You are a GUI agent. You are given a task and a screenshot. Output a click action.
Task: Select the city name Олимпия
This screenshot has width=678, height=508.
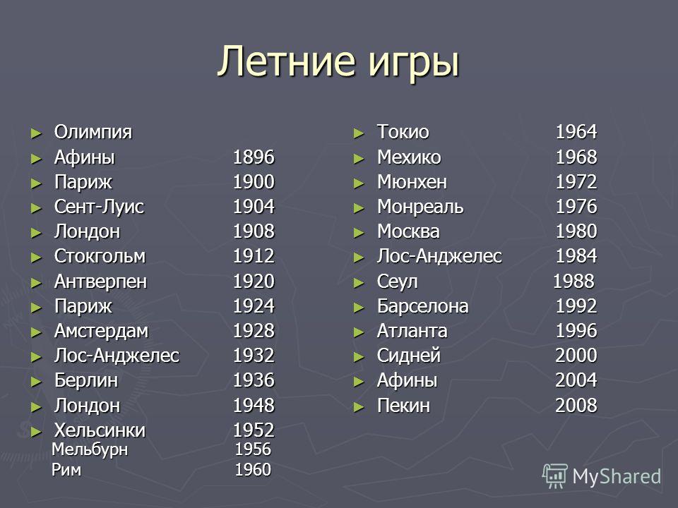[x=93, y=132]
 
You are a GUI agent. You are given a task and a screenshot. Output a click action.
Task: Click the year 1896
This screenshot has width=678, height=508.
[x=254, y=157]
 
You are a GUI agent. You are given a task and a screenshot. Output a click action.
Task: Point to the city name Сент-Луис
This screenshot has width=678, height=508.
[x=99, y=207]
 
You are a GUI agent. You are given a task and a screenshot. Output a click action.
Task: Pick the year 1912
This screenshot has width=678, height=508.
[x=254, y=255]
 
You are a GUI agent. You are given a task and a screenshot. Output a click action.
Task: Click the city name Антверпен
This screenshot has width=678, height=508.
[x=101, y=282]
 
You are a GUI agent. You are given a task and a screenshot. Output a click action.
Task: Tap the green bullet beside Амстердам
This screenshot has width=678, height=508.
[x=36, y=332]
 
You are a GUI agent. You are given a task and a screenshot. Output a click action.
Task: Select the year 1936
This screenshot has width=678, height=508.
[x=254, y=380]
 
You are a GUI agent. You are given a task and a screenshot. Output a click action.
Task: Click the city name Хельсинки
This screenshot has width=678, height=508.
[x=100, y=430]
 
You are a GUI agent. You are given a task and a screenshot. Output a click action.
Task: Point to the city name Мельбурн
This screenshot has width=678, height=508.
[x=90, y=450]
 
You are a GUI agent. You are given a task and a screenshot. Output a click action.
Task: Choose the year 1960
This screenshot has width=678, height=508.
[x=253, y=469]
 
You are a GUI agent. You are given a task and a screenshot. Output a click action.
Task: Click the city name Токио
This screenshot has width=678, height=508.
[x=403, y=132]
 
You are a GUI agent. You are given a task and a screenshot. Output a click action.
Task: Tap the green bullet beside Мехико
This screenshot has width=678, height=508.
[x=359, y=159]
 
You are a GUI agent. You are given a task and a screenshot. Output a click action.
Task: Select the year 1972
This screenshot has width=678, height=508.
[x=576, y=181]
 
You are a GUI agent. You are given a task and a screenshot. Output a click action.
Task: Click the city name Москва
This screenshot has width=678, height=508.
[x=408, y=231]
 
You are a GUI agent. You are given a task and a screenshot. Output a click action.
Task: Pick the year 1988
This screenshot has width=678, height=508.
[x=573, y=281]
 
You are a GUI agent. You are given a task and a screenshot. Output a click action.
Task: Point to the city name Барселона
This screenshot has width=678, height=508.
[x=423, y=306]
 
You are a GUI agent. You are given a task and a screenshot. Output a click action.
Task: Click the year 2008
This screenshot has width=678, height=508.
[x=576, y=405]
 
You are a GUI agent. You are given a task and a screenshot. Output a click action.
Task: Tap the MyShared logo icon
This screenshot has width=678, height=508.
[x=555, y=476]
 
